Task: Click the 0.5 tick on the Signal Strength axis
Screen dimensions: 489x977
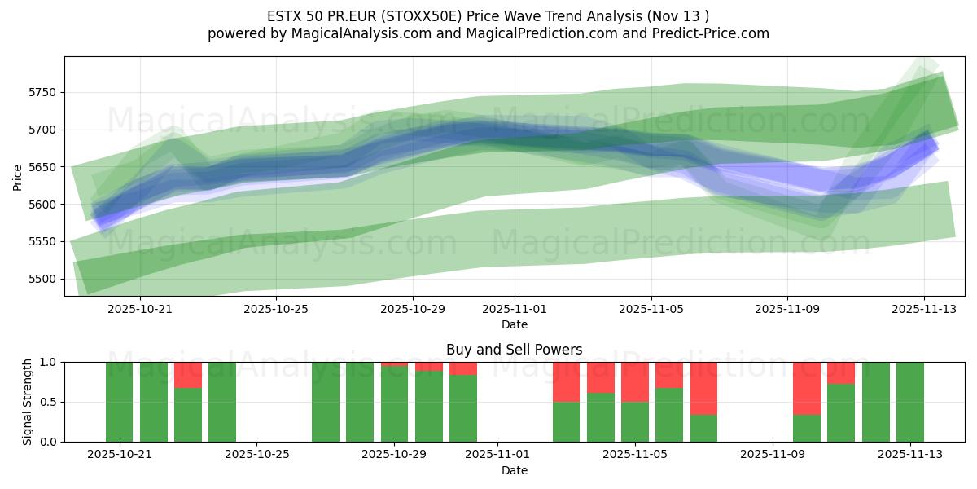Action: tap(47, 402)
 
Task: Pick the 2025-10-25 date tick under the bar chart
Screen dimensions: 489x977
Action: tap(256, 455)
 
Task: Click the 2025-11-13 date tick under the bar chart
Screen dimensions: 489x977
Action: tap(909, 455)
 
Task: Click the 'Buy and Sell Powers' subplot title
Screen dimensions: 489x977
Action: tap(514, 350)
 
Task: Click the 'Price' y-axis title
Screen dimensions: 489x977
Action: tap(17, 176)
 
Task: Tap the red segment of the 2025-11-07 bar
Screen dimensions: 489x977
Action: tap(704, 388)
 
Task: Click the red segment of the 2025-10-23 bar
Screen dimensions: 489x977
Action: tap(188, 374)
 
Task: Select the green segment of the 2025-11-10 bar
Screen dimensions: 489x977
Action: tap(807, 428)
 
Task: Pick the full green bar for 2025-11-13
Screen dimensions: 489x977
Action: tap(909, 402)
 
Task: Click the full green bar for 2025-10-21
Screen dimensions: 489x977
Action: tap(120, 402)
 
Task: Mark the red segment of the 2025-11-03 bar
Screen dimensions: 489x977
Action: tap(567, 381)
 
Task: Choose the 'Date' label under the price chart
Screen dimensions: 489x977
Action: tap(514, 324)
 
